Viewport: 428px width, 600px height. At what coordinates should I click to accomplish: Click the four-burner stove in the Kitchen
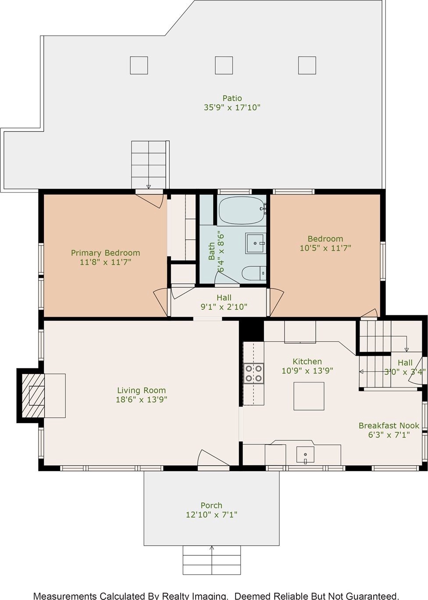coord(253,373)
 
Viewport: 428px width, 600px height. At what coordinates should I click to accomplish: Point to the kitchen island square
coord(309,396)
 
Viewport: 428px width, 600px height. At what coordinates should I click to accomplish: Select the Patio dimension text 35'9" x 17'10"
coord(232,108)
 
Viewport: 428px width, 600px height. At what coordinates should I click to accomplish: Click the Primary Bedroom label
coord(105,253)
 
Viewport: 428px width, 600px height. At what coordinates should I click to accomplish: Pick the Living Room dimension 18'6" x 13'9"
coord(141,400)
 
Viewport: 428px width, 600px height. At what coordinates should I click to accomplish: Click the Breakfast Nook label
coord(389,425)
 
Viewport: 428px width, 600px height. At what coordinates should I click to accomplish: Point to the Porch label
coord(212,505)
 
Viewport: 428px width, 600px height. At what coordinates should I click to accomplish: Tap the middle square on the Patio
coord(224,65)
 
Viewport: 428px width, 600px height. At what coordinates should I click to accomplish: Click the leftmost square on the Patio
coord(139,65)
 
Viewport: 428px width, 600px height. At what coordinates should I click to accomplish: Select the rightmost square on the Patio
coord(307,65)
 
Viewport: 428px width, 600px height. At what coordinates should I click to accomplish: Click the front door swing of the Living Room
coord(212,460)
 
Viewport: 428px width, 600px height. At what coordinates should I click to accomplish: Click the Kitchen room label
coord(307,361)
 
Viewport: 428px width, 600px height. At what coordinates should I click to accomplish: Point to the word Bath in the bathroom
coord(212,251)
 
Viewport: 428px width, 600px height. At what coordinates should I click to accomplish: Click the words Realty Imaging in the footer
coord(194,596)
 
